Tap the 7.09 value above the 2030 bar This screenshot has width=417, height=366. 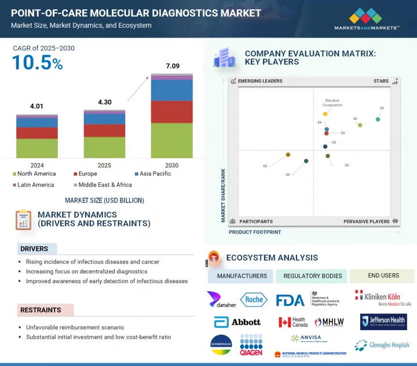[x=172, y=67]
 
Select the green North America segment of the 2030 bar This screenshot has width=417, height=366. [x=172, y=140]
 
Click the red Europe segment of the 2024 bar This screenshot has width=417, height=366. [x=37, y=133]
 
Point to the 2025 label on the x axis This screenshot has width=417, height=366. [x=104, y=166]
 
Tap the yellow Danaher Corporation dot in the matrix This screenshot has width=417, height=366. [x=325, y=114]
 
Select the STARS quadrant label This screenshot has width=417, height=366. [x=381, y=82]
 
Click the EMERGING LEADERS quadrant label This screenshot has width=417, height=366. [x=260, y=82]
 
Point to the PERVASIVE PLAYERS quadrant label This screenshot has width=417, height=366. [x=367, y=221]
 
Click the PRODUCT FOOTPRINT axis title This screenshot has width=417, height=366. [x=255, y=232]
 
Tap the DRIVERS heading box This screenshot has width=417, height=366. [x=37, y=249]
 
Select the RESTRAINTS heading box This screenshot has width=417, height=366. [x=41, y=310]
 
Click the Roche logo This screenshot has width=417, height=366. [x=254, y=299]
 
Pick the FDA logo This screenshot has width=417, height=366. [x=290, y=300]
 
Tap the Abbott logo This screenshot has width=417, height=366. [x=237, y=322]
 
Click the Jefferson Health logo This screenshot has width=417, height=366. [x=383, y=321]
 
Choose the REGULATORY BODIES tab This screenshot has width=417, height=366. [x=311, y=276]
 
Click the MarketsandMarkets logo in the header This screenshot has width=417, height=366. [x=367, y=19]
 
